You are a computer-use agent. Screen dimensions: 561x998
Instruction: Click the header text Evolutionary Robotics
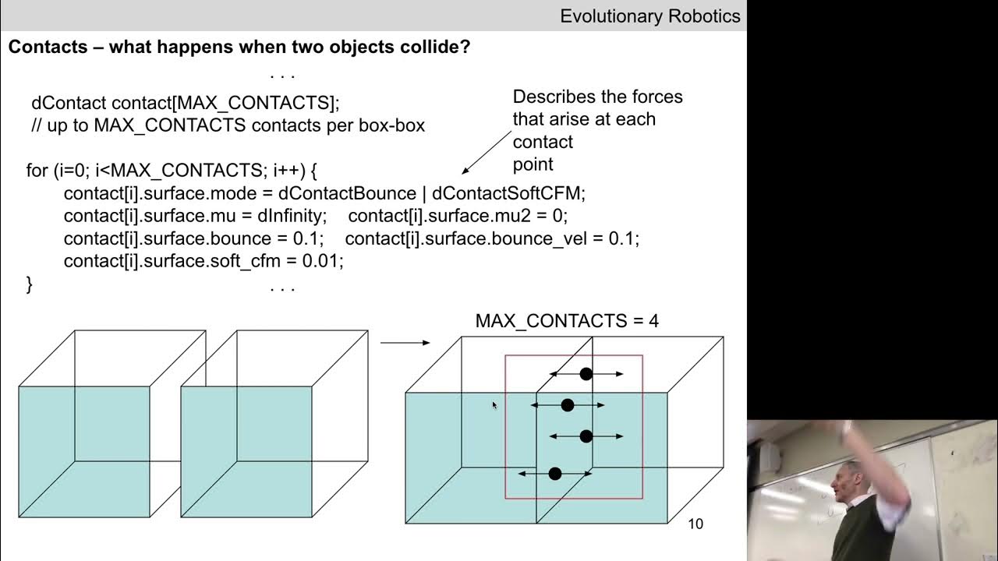click(x=649, y=16)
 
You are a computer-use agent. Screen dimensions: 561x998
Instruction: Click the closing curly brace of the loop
click(x=30, y=284)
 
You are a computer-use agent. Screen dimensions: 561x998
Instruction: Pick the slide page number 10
click(x=695, y=524)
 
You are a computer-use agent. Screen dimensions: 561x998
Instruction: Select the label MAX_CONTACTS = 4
click(x=567, y=321)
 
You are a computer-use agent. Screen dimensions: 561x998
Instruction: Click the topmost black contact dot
click(x=586, y=374)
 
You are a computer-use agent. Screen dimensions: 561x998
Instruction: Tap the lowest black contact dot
click(x=555, y=474)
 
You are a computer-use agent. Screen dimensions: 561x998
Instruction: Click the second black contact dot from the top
click(x=568, y=405)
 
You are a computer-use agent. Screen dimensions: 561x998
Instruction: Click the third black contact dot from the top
click(x=586, y=436)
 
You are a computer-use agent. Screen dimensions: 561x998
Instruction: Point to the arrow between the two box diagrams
click(x=405, y=342)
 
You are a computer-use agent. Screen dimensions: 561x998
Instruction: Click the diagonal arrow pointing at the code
click(x=486, y=153)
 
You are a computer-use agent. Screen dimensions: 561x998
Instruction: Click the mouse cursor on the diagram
click(x=494, y=405)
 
